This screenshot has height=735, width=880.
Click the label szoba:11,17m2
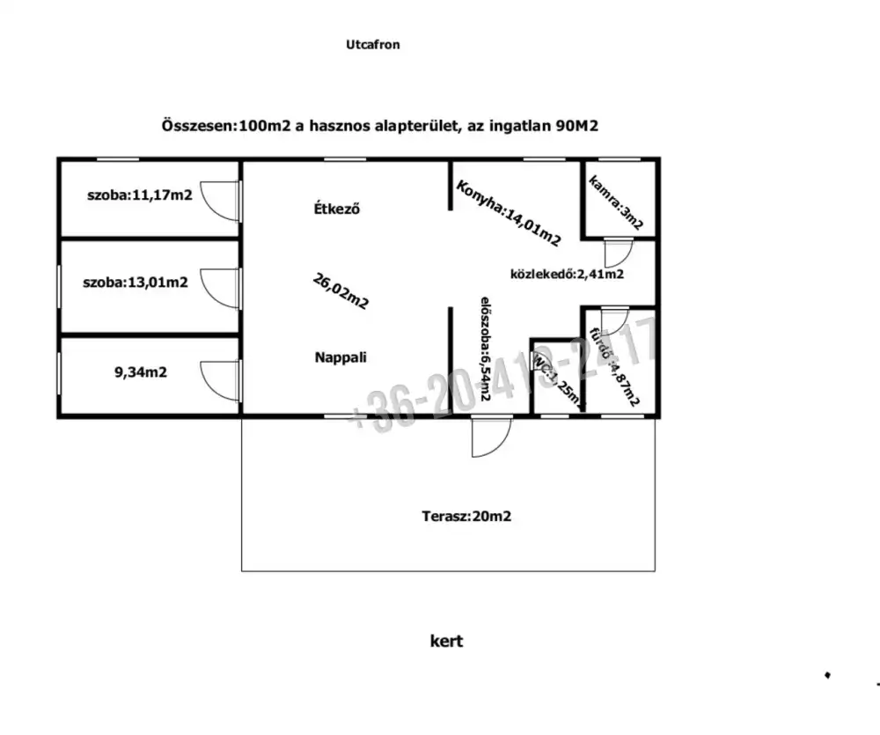click(x=139, y=195)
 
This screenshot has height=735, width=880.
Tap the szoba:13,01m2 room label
click(x=135, y=283)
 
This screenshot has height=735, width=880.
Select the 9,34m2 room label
click(x=141, y=372)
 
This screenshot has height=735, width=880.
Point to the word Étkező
click(x=338, y=209)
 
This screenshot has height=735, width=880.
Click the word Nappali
click(x=341, y=357)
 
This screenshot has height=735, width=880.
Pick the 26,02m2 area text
click(x=341, y=291)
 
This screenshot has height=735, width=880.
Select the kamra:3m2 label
click(x=616, y=203)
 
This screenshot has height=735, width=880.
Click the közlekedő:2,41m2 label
click(x=568, y=274)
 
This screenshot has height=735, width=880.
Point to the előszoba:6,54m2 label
click(x=485, y=351)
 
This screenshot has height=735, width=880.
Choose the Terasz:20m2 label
click(x=466, y=517)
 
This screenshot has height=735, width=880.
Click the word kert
click(x=446, y=641)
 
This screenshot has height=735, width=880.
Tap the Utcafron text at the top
click(x=373, y=44)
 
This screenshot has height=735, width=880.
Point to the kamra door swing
click(x=615, y=252)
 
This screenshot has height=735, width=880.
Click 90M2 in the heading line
click(x=577, y=126)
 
